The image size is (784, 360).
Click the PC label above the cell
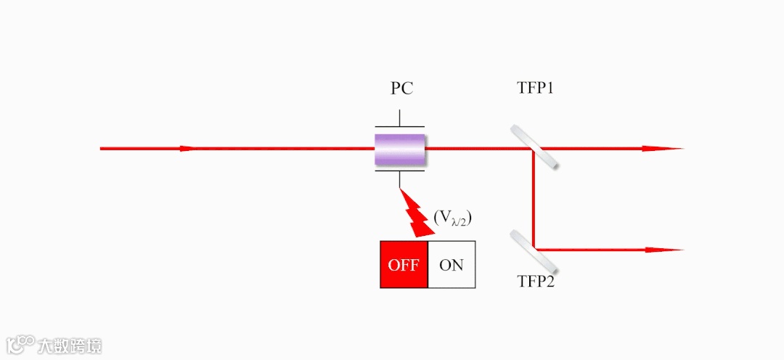[x=401, y=89]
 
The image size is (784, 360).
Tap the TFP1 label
[x=536, y=89]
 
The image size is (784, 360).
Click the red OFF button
[x=404, y=265]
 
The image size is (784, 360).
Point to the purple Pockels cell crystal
[x=399, y=149]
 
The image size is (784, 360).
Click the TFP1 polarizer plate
[x=534, y=147]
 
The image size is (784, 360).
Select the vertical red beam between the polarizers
[x=534, y=200]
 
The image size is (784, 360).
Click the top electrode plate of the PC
[x=399, y=127]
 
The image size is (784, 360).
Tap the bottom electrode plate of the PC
[x=399, y=172]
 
